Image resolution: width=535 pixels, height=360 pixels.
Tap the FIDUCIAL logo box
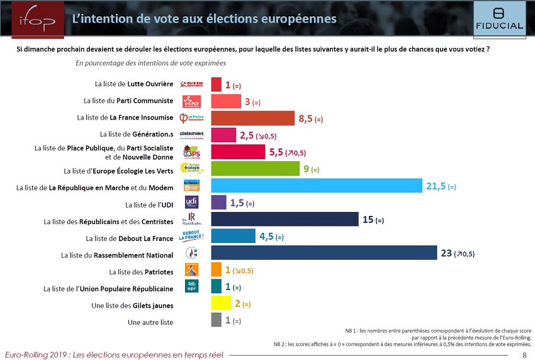pos(499,19)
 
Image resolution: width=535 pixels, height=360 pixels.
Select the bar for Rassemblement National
pos(324,253)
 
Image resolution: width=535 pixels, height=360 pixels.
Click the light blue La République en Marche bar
pos(316,186)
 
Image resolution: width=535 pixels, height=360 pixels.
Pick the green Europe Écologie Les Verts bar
pos(255,169)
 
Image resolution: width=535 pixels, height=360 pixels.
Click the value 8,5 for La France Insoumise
pos(305,118)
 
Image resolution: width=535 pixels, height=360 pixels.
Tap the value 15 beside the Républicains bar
pos(368,220)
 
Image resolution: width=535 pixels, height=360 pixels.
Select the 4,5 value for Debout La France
pos(265,237)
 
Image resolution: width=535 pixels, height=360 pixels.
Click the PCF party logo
pos(191,101)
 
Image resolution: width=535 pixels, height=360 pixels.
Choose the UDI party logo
pos(191,202)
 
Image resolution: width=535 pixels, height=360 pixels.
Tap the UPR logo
pos(191,287)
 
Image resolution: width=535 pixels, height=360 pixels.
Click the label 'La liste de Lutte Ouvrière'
pos(133,84)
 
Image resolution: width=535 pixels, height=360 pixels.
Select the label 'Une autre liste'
pos(150,322)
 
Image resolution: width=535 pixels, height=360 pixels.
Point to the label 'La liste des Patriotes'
pos(141,272)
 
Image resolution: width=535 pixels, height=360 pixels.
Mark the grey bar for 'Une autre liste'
pos(216,320)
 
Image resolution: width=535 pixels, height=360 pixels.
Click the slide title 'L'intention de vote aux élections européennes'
pos(204,19)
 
